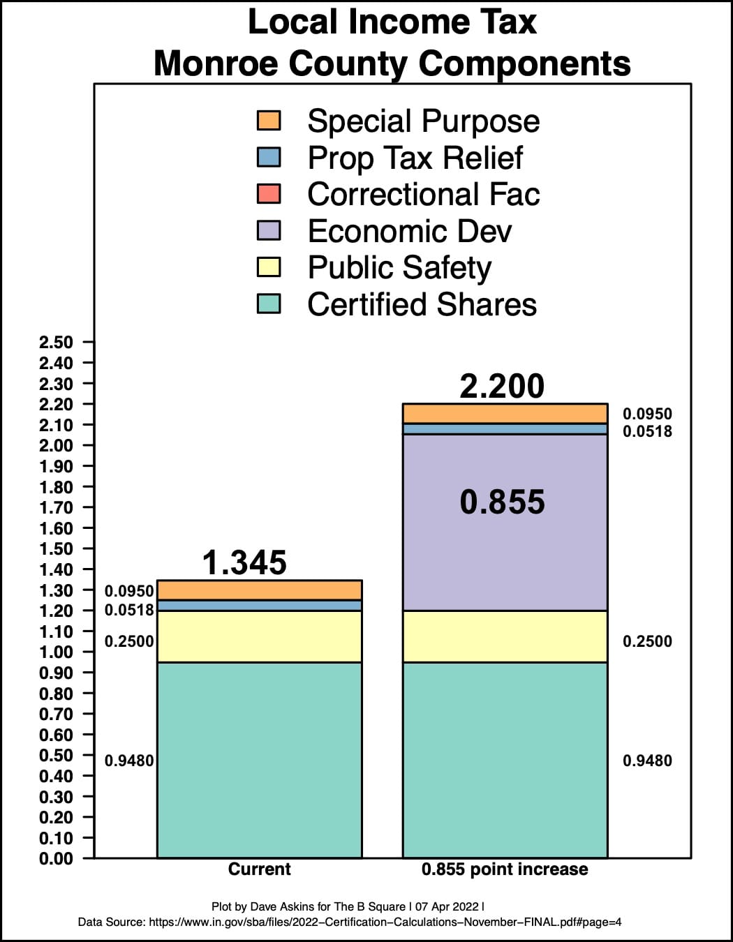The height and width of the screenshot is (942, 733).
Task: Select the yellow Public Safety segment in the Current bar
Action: [259, 636]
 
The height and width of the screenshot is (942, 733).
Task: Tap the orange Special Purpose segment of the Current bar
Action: [259, 590]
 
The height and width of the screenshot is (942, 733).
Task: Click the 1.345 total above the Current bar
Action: [244, 563]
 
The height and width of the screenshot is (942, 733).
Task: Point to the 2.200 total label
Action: [502, 387]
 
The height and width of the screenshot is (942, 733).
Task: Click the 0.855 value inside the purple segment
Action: [502, 502]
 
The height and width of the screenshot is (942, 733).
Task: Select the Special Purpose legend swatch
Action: [269, 121]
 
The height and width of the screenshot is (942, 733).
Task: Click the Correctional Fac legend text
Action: [423, 195]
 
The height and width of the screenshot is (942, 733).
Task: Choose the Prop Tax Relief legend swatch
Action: [269, 157]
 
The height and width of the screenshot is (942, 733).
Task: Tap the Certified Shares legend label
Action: [422, 305]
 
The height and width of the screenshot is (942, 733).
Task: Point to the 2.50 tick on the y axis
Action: [56, 343]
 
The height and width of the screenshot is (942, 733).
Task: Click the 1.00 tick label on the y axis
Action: [56, 652]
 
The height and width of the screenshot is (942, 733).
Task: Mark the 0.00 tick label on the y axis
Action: [56, 859]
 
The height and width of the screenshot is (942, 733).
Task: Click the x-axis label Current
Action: [259, 869]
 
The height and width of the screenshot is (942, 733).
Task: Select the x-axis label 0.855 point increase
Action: [505, 869]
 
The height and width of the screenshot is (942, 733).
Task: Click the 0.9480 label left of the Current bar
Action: [129, 761]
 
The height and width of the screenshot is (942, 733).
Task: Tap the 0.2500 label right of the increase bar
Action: [647, 641]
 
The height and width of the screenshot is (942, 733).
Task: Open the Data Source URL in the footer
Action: [385, 922]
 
